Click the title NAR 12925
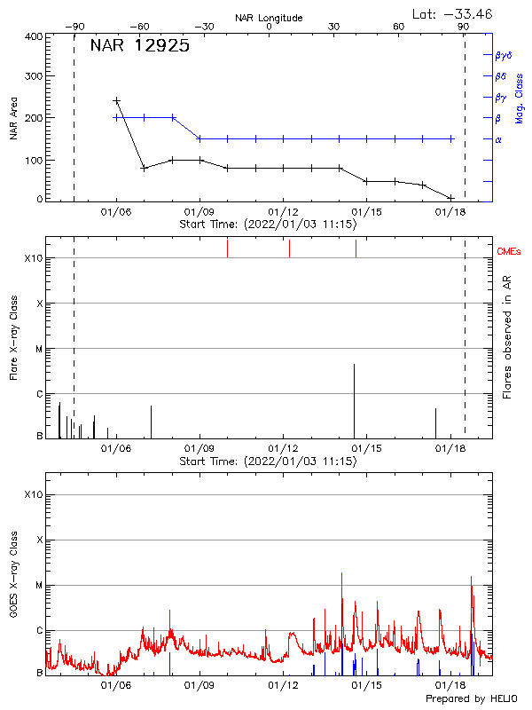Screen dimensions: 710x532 click(x=139, y=47)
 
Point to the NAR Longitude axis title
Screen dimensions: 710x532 click(x=269, y=17)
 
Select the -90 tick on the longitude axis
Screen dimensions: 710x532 click(x=74, y=27)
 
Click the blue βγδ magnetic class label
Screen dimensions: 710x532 click(x=504, y=55)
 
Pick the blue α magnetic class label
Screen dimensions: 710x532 click(x=498, y=139)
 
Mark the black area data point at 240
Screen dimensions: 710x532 click(x=116, y=101)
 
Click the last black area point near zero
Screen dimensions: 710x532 click(x=451, y=197)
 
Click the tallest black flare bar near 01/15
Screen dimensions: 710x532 click(x=355, y=399)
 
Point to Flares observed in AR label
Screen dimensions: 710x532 click(x=507, y=336)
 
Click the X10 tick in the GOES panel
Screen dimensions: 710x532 click(x=33, y=494)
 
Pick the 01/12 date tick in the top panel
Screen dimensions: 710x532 click(x=283, y=212)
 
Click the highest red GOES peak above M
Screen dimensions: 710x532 click(x=341, y=573)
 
